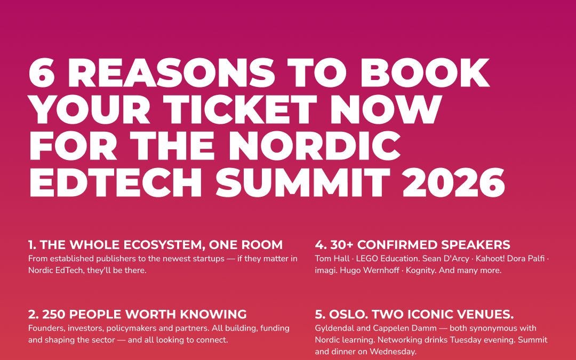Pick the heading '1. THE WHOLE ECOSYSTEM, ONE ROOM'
click(155, 245)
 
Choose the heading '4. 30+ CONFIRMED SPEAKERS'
click(412, 245)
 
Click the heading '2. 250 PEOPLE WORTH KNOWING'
click(137, 314)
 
